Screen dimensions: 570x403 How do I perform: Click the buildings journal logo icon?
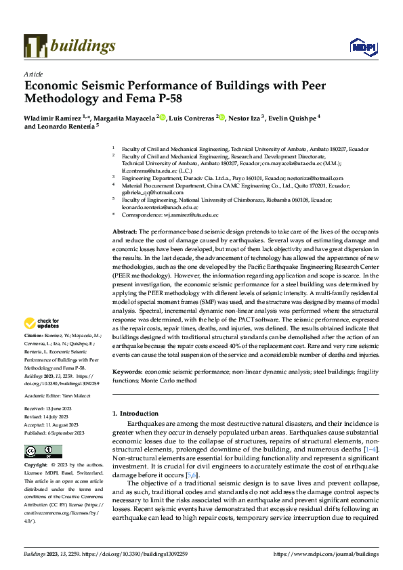(35, 45)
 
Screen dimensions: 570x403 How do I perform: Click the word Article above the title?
(33, 74)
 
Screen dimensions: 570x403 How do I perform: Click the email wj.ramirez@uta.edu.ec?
(191, 215)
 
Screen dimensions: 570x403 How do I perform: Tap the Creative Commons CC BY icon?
(43, 452)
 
